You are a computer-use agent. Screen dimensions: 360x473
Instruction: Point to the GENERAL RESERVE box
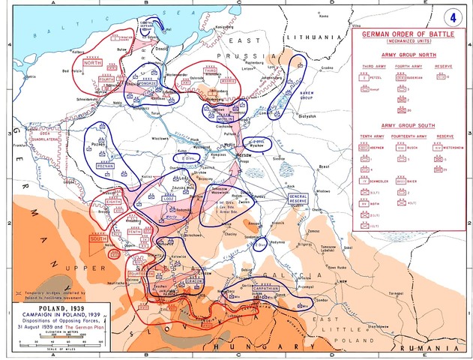299,198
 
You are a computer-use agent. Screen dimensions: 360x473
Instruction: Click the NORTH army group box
93,64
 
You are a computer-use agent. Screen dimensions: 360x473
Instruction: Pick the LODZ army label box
168,199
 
